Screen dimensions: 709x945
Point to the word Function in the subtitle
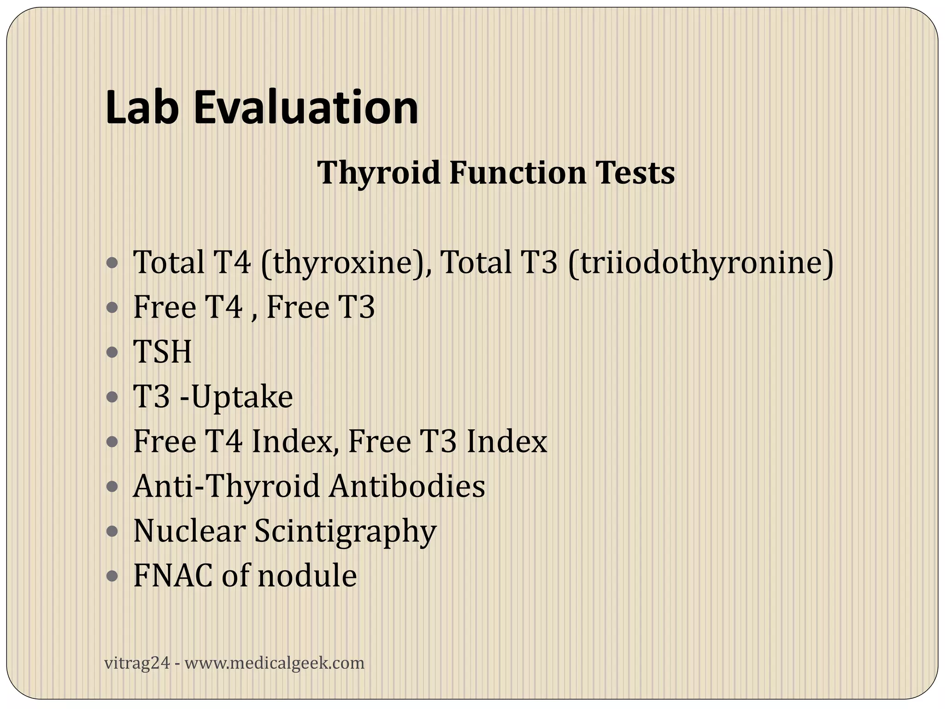pyautogui.click(x=517, y=173)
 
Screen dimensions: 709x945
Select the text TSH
pyautogui.click(x=162, y=352)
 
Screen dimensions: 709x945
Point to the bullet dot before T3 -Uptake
pyautogui.click(x=112, y=397)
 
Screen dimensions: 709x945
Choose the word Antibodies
pyautogui.click(x=407, y=486)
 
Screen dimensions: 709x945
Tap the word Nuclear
pyautogui.click(x=189, y=531)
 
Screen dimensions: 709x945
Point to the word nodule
pyautogui.click(x=307, y=576)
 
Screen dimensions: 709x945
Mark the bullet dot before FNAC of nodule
pyautogui.click(x=112, y=576)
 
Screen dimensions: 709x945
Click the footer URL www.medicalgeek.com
pyautogui.click(x=275, y=663)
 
